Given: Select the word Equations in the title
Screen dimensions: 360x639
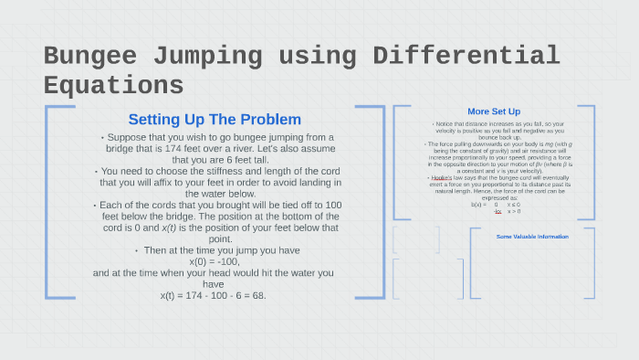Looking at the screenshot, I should point(113,85).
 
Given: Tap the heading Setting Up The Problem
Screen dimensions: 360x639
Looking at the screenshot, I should point(215,120).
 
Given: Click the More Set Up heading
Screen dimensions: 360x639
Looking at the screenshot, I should point(494,112).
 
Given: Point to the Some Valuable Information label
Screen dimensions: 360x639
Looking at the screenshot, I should point(532,237).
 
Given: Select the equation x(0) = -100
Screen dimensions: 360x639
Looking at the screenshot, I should point(215,261).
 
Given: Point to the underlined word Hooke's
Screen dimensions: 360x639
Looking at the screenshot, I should point(443,177).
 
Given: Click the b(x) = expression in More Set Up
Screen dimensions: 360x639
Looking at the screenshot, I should point(478,204).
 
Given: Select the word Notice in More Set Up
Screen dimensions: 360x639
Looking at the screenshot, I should point(446,122).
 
